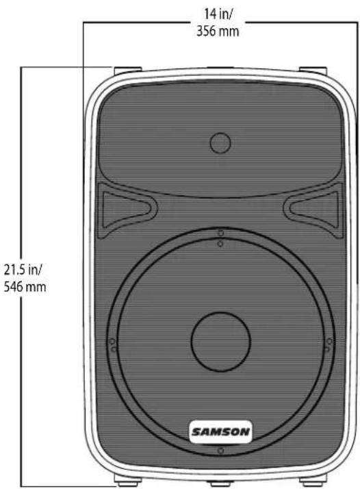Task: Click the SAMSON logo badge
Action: [220, 431]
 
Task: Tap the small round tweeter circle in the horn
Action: [220, 144]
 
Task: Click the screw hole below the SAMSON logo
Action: [220, 451]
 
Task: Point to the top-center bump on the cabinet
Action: [220, 69]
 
